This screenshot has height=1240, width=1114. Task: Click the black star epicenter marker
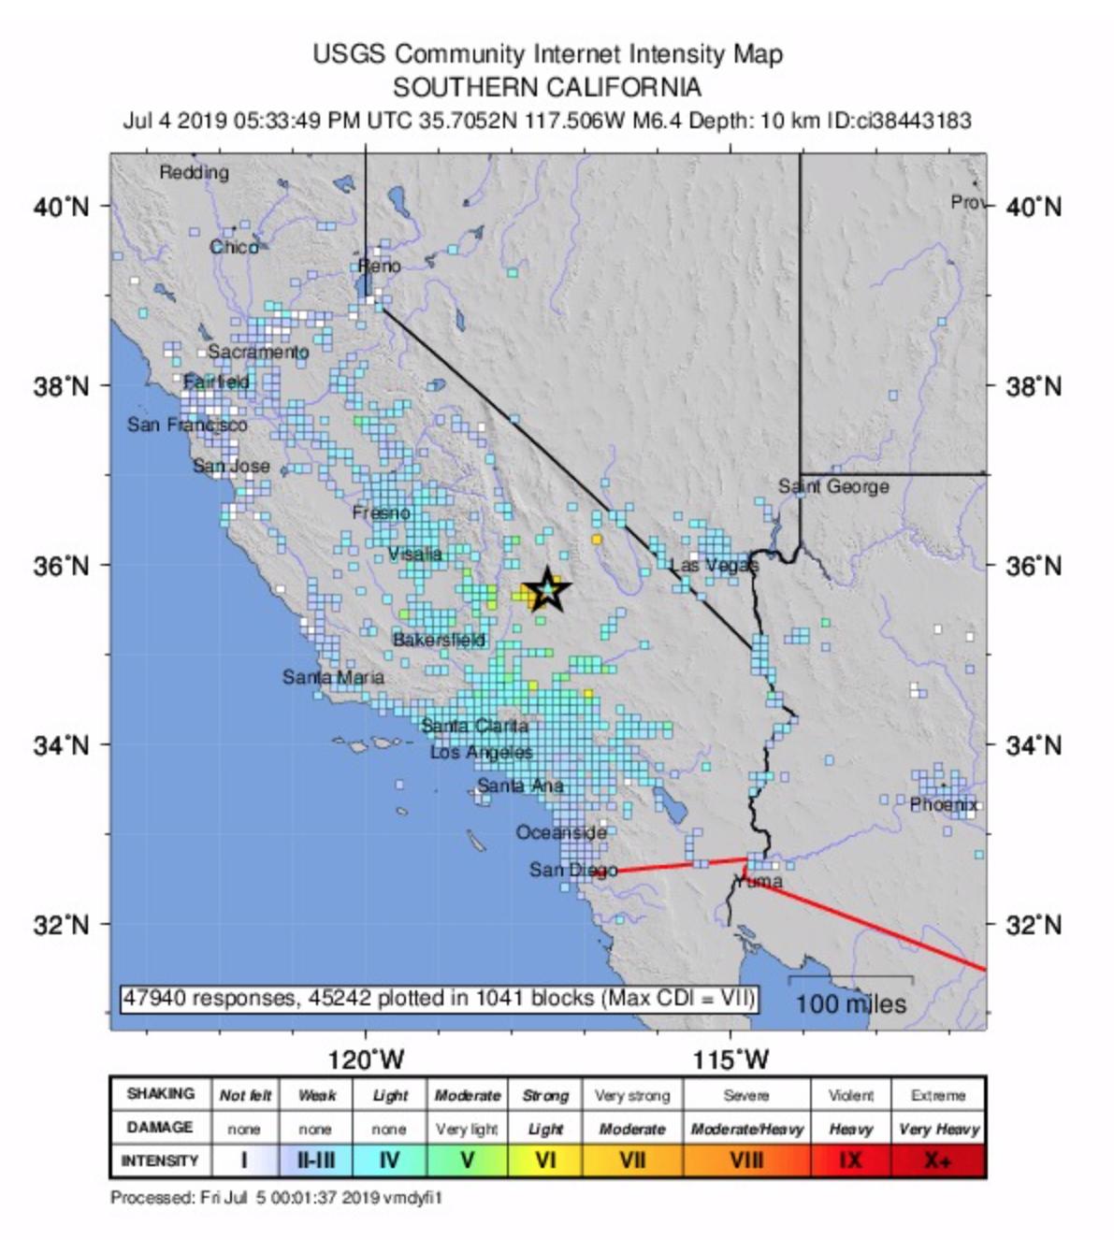(x=546, y=591)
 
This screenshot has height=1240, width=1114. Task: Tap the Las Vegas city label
(x=714, y=566)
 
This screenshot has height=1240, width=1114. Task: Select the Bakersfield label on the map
(x=439, y=641)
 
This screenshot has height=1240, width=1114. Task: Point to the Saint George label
(x=833, y=486)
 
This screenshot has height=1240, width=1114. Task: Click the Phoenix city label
(x=944, y=804)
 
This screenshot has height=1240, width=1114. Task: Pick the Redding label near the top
(x=194, y=173)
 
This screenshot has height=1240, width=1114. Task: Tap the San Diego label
(x=573, y=871)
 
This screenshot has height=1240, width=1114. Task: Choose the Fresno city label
(x=381, y=512)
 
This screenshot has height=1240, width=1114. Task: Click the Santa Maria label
(x=333, y=677)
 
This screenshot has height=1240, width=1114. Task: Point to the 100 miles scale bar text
(x=850, y=1004)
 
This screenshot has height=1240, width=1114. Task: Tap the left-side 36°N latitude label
(x=62, y=566)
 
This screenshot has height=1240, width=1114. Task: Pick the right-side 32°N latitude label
(x=1034, y=925)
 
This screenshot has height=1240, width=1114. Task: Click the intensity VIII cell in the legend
(x=746, y=1161)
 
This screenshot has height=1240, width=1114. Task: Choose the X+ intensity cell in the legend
(x=938, y=1161)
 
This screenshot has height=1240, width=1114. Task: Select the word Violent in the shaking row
(x=850, y=1095)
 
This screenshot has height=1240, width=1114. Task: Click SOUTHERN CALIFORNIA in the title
(x=547, y=88)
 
